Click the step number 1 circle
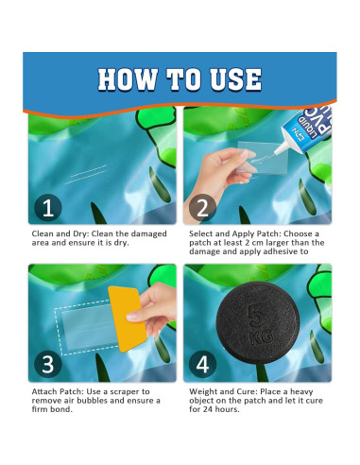pos(48,208)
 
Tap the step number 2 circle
pos(202,208)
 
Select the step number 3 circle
pos(48,365)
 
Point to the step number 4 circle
pos(202,365)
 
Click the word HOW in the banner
pos(128,79)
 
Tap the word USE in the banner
pos(236,79)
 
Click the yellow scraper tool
pos(128,319)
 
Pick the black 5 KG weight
pos(257,322)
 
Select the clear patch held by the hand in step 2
pos(262,158)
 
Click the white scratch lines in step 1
pos(86,174)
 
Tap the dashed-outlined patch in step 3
pos(86,328)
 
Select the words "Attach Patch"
pos(58,391)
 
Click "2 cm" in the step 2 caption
pos(254,243)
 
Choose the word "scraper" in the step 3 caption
pos(125,392)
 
